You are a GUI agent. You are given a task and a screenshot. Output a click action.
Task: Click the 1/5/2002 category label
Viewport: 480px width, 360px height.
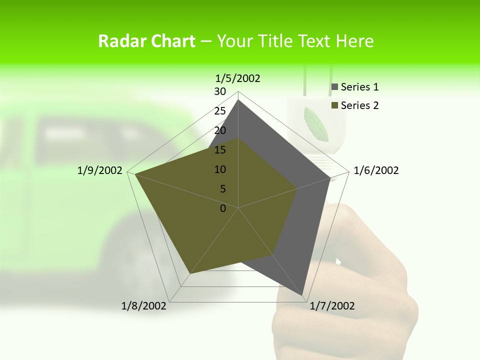[x=238, y=78]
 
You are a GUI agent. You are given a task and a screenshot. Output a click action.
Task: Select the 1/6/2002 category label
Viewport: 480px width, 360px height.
[x=376, y=170]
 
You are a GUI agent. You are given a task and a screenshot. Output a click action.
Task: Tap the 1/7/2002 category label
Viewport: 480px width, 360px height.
[x=332, y=306]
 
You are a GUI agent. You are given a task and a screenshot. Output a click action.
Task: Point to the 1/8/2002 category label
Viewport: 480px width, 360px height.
[x=144, y=306]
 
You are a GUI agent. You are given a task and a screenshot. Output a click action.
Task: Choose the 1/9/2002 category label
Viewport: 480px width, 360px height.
[x=100, y=170]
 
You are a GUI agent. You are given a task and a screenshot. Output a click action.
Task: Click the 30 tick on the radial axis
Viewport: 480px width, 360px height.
[x=219, y=91]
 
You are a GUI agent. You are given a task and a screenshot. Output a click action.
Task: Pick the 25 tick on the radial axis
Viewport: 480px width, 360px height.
[x=219, y=111]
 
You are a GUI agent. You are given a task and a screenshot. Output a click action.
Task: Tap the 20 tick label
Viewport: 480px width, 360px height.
[x=219, y=130]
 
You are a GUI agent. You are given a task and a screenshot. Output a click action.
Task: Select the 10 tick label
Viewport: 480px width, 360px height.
[x=219, y=169]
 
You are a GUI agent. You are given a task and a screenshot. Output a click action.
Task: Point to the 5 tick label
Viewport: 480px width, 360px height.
[x=222, y=189]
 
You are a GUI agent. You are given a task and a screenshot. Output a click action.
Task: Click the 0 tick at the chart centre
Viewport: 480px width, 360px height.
[x=223, y=208]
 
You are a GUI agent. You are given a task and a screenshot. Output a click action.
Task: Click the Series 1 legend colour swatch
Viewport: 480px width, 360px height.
[x=335, y=87]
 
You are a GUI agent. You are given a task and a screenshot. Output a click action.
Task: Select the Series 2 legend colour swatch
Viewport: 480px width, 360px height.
[x=335, y=105]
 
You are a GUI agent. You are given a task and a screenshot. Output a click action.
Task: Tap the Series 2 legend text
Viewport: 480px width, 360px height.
[x=359, y=105]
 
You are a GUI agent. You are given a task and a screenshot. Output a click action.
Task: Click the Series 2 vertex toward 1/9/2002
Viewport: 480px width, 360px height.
[x=135, y=174]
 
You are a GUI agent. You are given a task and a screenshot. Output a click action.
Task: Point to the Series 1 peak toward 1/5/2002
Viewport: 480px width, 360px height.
[x=238, y=100]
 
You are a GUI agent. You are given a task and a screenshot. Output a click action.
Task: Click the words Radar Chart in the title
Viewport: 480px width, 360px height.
[x=146, y=41]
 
